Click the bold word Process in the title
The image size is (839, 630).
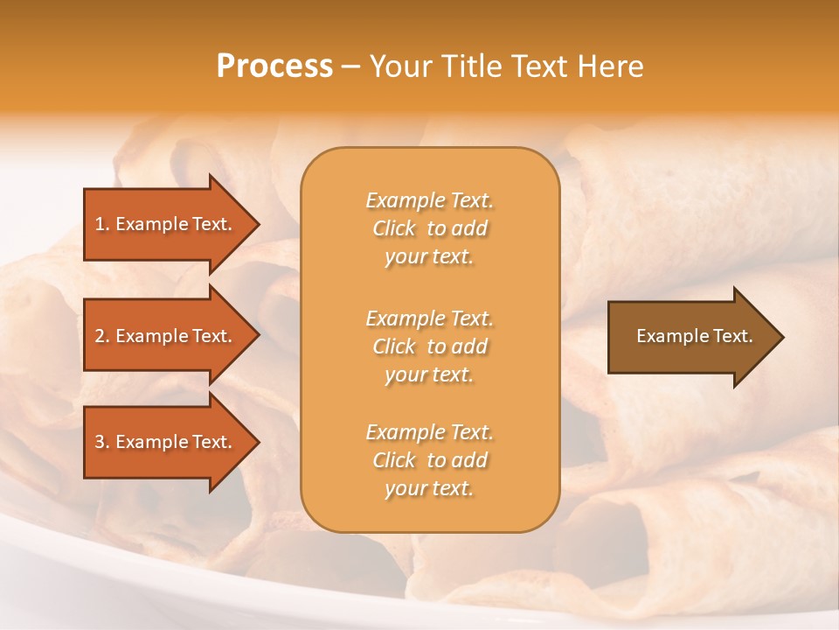click(x=274, y=66)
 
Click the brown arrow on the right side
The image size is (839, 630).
click(x=690, y=336)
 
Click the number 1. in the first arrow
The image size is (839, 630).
click(x=101, y=224)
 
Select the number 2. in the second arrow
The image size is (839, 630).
click(x=101, y=336)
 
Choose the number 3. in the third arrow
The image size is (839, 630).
click(x=101, y=442)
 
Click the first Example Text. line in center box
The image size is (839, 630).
click(x=429, y=200)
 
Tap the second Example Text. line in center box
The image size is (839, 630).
click(x=429, y=318)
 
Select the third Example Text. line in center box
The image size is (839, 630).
click(x=429, y=432)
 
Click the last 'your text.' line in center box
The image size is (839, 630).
click(x=429, y=488)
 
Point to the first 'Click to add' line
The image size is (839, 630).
click(x=429, y=228)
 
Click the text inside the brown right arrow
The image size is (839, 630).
click(x=694, y=336)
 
